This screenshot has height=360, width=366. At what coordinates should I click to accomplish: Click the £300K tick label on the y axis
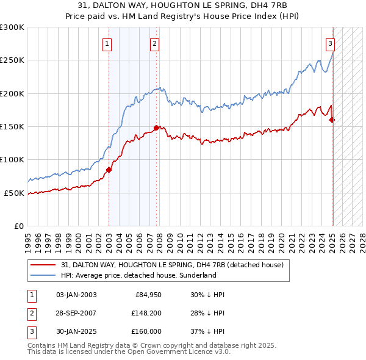click(12, 27)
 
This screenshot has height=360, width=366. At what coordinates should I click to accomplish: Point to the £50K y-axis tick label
click(14, 193)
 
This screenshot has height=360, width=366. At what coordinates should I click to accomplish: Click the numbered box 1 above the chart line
click(107, 43)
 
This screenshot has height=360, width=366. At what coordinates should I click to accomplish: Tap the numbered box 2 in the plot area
click(155, 43)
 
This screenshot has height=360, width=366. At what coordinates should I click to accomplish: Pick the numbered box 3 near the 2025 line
click(330, 43)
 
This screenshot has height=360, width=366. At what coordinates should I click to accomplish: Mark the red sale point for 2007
click(157, 128)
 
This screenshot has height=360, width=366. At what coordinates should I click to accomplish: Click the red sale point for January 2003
click(109, 170)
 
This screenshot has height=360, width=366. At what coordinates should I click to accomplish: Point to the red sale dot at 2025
click(332, 120)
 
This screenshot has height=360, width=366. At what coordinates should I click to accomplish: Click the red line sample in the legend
click(42, 265)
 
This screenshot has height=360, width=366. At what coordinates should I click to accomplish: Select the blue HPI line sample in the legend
click(42, 275)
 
